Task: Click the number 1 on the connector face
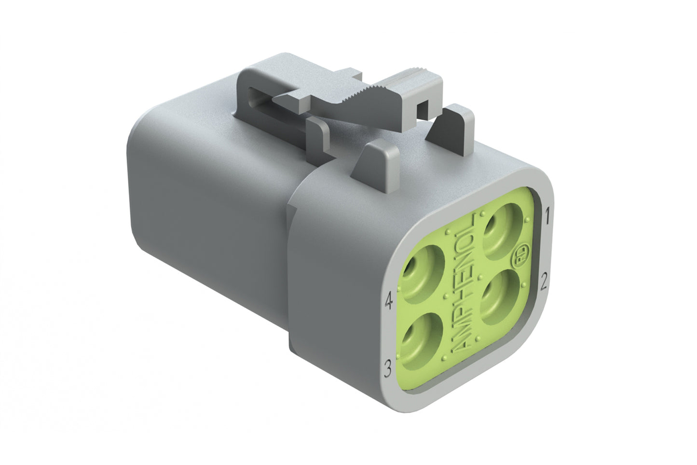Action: click(x=547, y=213)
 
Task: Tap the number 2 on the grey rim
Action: click(x=544, y=281)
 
